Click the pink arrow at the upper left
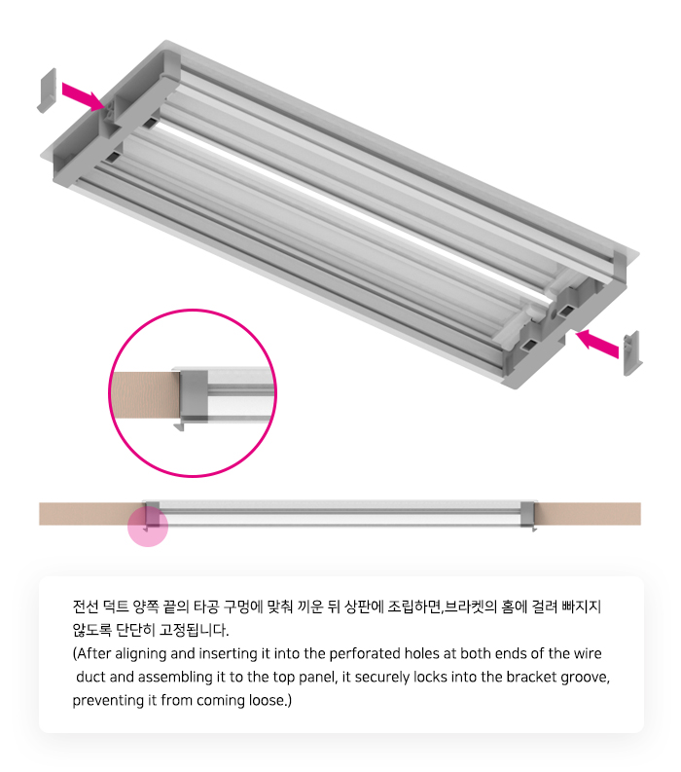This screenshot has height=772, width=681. coord(83,96)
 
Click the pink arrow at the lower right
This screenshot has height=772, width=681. coord(596,344)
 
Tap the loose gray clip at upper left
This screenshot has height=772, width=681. coord(48,91)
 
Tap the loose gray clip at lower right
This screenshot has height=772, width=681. coord(632,353)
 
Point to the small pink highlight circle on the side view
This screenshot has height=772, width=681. coord(148,527)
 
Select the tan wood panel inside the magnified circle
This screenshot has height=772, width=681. coord(145,395)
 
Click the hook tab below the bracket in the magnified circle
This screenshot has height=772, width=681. coord(179,425)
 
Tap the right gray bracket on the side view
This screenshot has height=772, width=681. coord(527,513)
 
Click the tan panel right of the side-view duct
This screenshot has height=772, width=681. coord(588,513)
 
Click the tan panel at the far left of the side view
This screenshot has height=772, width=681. coord(91,513)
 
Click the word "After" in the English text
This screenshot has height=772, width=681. coord(91,654)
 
